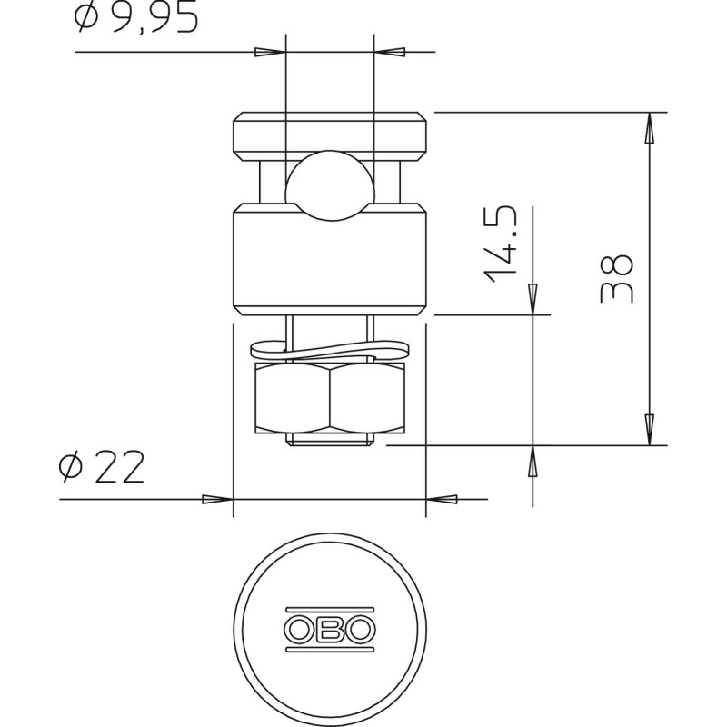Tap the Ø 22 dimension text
102,467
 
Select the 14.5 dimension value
502,244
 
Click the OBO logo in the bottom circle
330,629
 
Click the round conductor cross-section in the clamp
330,184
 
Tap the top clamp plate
330,137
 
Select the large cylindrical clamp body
330,259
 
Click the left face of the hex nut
292,398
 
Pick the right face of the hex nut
367,398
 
